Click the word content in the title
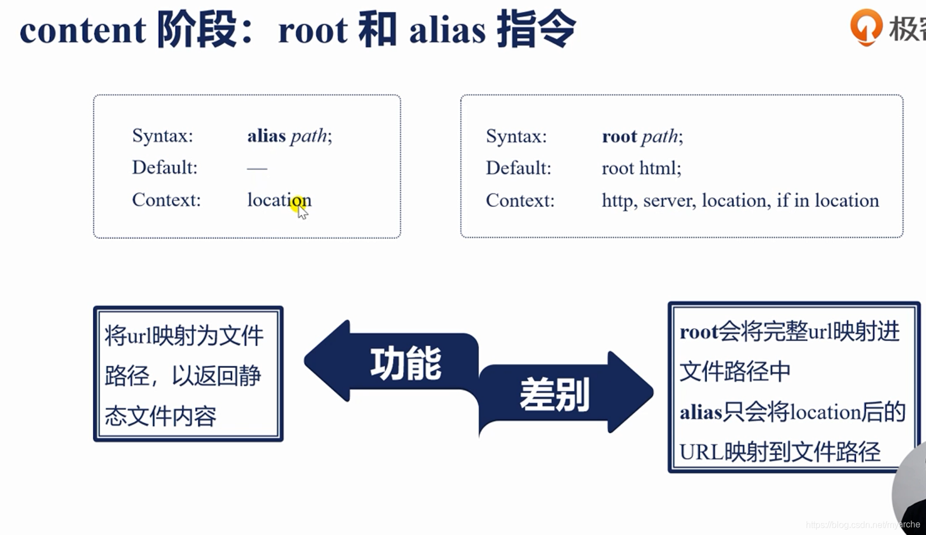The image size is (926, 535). (83, 30)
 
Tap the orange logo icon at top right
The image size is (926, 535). (866, 26)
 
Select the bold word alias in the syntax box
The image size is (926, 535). (266, 136)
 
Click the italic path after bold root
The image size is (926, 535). (659, 136)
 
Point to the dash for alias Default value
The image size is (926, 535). (257, 168)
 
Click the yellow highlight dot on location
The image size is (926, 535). (298, 201)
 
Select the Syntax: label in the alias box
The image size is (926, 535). (162, 136)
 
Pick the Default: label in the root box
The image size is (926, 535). (518, 168)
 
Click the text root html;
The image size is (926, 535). (641, 168)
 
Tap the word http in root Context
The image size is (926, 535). (618, 200)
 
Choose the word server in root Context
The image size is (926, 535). (668, 200)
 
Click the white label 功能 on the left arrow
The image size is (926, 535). (406, 363)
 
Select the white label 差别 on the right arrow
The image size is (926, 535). (554, 394)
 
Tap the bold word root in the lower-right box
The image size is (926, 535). (699, 332)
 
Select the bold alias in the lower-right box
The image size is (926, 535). (701, 413)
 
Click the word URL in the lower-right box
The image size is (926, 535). (701, 452)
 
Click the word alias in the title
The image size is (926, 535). (447, 30)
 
